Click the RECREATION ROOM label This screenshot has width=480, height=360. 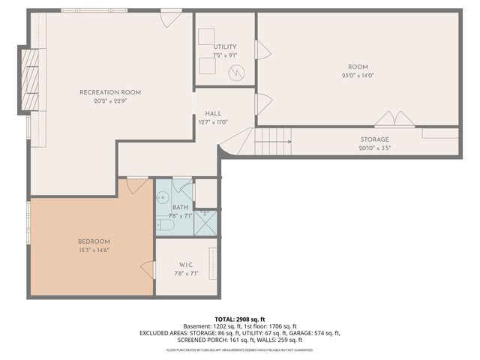coord(110,92)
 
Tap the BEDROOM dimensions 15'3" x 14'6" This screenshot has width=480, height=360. coord(94,250)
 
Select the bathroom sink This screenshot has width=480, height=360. coord(163,198)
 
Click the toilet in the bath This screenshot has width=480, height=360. coord(166,224)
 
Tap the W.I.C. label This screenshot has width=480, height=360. coord(187,265)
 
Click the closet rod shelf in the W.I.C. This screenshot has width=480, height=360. coord(212,264)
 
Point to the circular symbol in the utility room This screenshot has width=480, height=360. coord(237,72)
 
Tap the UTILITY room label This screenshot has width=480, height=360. coord(225,47)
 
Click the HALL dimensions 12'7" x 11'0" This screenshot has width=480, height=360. coord(213,122)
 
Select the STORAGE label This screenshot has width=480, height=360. coord(374,139)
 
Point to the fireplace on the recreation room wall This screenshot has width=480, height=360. coord(28,79)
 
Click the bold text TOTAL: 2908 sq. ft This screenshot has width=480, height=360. coord(240,319)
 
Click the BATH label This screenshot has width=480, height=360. coord(180,207)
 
